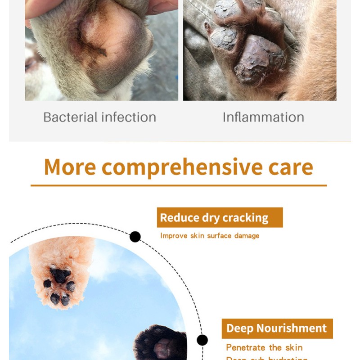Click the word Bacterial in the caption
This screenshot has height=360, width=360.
(70, 117)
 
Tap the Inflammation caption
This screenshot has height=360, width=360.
(263, 117)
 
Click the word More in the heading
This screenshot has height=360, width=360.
(70, 167)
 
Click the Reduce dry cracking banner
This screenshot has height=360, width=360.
(220, 218)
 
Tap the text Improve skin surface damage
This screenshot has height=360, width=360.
(210, 236)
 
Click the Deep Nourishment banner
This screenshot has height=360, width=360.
(277, 328)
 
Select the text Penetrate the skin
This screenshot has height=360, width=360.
(264, 347)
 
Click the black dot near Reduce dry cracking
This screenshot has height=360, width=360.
(135, 237)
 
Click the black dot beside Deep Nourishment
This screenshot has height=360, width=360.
(202, 340)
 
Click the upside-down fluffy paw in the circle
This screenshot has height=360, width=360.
(61, 274)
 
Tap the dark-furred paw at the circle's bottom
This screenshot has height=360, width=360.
(160, 344)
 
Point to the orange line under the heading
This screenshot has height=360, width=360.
(179, 185)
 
